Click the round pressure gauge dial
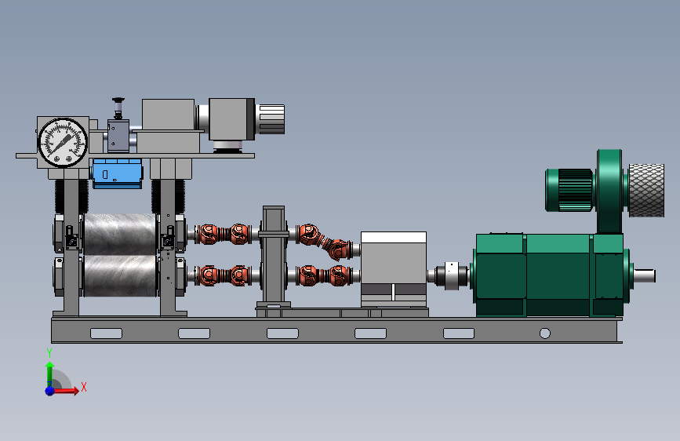63,142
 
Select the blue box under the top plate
117,173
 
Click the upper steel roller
120,234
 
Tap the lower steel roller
120,276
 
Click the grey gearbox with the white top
394,269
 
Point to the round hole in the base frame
544,333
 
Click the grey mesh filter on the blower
646,190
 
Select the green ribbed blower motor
569,190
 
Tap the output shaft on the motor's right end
645,275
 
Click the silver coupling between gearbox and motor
451,275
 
